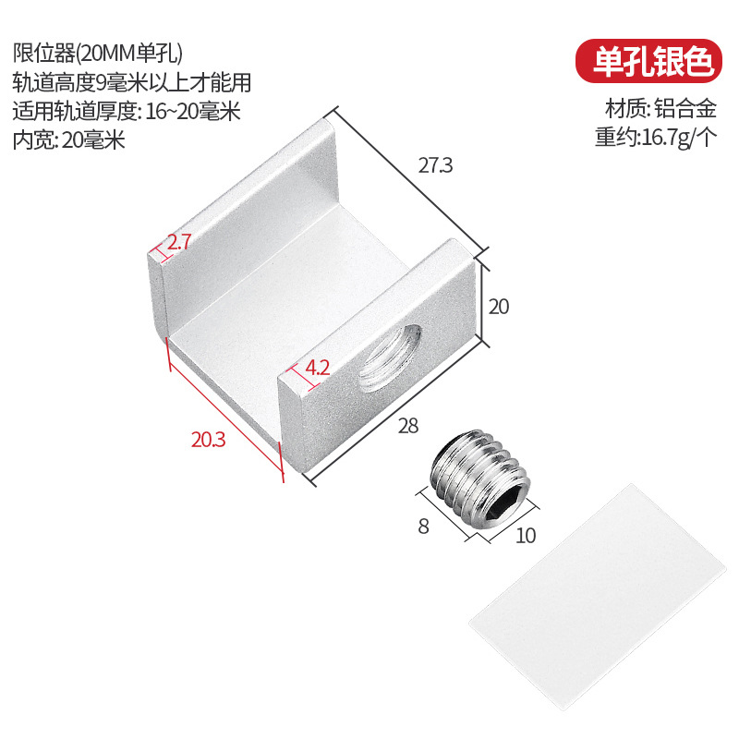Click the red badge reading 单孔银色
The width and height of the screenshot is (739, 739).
645,60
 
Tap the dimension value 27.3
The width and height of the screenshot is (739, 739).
435,166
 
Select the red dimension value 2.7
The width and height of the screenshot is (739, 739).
178,243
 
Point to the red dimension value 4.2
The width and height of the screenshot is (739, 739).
317,367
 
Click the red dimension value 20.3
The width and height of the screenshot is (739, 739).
208,440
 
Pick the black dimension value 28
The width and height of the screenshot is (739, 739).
407,426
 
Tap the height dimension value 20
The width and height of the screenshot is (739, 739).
499,307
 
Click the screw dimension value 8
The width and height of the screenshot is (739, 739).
423,527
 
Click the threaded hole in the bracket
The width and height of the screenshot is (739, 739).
393,356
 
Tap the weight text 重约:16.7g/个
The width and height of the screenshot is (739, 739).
656,138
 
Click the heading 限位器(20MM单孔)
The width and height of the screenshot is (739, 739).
103,52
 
